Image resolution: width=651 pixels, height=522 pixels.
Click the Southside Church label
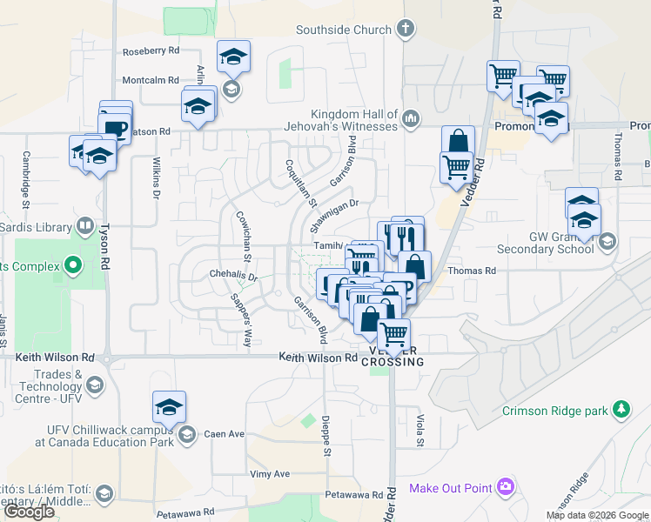point(344,30)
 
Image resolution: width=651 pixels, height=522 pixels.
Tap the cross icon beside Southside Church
point(405,30)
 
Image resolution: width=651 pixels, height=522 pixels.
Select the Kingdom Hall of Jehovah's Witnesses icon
point(411,118)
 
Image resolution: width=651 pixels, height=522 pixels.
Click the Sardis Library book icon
point(84,227)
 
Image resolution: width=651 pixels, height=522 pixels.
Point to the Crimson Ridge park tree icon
point(621,408)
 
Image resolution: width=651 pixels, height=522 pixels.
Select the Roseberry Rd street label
point(151,51)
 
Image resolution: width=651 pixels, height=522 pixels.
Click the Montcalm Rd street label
point(151,78)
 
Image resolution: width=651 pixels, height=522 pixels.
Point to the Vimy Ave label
point(269,473)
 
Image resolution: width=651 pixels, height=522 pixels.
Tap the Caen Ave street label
point(225,433)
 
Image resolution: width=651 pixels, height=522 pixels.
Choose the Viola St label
point(419,430)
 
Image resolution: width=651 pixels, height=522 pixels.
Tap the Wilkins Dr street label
point(157,177)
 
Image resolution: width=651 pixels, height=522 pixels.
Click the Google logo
point(30,512)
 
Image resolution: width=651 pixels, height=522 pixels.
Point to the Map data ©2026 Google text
point(596,515)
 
